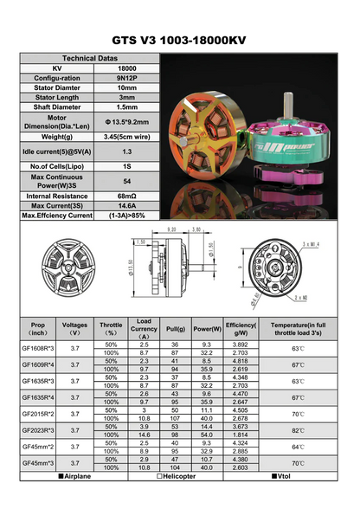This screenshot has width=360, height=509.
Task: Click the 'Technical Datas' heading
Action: click(91, 54)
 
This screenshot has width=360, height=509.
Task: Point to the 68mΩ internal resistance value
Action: click(126, 196)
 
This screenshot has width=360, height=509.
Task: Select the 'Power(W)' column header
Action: click(206, 329)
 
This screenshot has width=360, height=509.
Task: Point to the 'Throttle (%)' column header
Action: click(111, 329)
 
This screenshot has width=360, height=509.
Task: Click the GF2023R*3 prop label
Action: click(38, 429)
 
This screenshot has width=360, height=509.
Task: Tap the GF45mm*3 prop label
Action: click(38, 464)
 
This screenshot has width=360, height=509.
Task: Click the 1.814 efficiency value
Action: click(237, 435)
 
